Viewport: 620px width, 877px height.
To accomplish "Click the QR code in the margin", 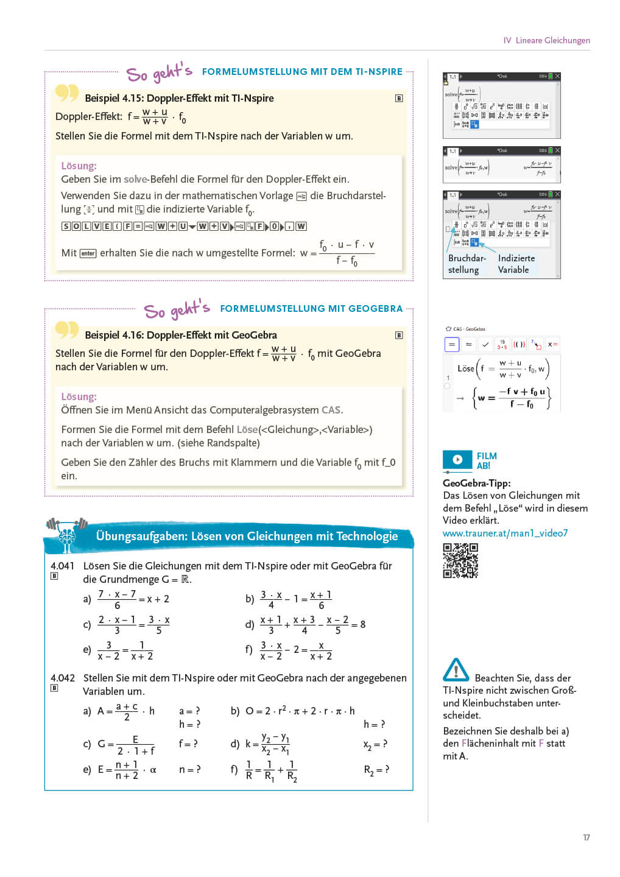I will pos(460,560).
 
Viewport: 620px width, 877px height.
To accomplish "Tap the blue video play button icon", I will pos(457,460).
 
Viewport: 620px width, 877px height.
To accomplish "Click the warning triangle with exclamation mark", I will pos(456,669).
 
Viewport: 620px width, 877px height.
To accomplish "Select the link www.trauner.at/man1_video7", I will pos(505,533).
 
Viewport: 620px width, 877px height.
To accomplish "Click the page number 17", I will pos(586,837).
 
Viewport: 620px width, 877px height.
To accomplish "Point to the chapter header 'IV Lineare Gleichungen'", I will pos(546,40).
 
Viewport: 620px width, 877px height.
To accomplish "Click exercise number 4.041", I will pos(62,566).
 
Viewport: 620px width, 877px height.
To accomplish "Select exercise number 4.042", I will pos(62,678).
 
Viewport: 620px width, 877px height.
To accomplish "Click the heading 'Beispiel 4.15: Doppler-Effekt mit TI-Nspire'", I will pos(179,98).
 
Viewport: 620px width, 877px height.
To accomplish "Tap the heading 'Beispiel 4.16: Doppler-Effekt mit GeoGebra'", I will pos(180,335).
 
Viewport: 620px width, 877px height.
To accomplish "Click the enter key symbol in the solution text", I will pos(88,253).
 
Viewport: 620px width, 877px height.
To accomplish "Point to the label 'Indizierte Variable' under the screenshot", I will pos(516,264).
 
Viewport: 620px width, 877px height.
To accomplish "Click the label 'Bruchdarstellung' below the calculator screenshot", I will pos(467,264).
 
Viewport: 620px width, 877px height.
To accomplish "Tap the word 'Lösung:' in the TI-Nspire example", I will pos(79,166).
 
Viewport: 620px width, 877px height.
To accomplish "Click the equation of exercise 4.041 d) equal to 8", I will pos(312,624).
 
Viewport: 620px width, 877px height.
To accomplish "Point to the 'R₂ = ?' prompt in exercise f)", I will pos(376,770).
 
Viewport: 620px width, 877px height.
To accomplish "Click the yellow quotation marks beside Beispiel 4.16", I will pos(67,330).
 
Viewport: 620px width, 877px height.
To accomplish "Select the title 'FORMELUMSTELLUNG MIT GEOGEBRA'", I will pos(311,309).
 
